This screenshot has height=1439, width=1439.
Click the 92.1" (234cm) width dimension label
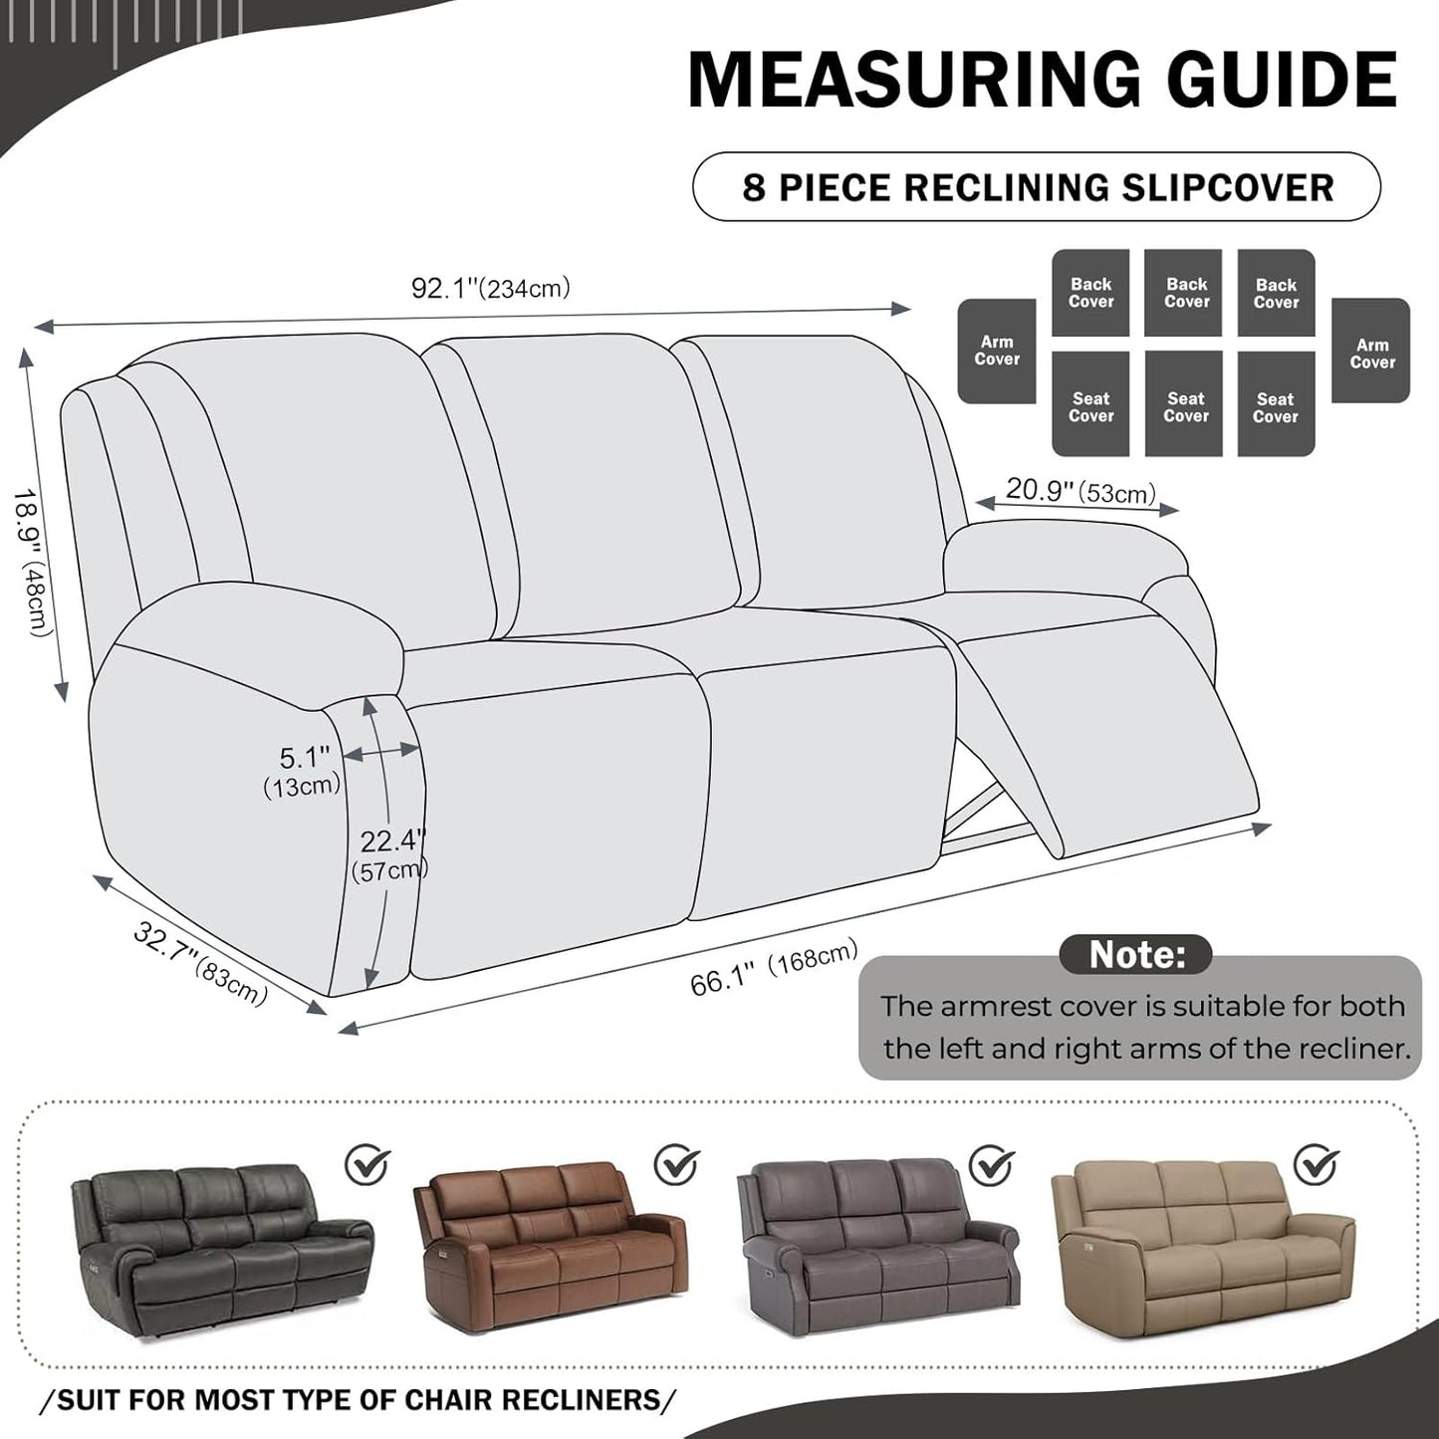pyautogui.click(x=490, y=289)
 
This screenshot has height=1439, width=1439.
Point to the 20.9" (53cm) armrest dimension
pyautogui.click(x=1080, y=491)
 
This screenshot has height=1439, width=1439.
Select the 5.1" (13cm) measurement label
pyautogui.click(x=303, y=771)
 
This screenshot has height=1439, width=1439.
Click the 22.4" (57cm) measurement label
pyautogui.click(x=390, y=854)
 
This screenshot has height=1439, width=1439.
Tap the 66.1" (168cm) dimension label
pyautogui.click(x=774, y=968)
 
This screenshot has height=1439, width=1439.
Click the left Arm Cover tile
pyautogui.click(x=997, y=352)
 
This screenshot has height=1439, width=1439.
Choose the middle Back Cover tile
pyautogui.click(x=1185, y=293)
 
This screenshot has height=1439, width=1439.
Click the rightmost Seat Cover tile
pyautogui.click(x=1276, y=407)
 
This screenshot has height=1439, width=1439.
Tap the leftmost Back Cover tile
pyautogui.click(x=1090, y=293)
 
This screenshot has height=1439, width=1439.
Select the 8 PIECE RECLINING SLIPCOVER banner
pyautogui.click(x=1037, y=187)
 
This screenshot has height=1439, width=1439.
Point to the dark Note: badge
pyautogui.click(x=1135, y=954)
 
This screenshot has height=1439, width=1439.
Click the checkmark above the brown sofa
pyautogui.click(x=677, y=1162)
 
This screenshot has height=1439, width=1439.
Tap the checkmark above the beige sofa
pyautogui.click(x=1316, y=1162)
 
